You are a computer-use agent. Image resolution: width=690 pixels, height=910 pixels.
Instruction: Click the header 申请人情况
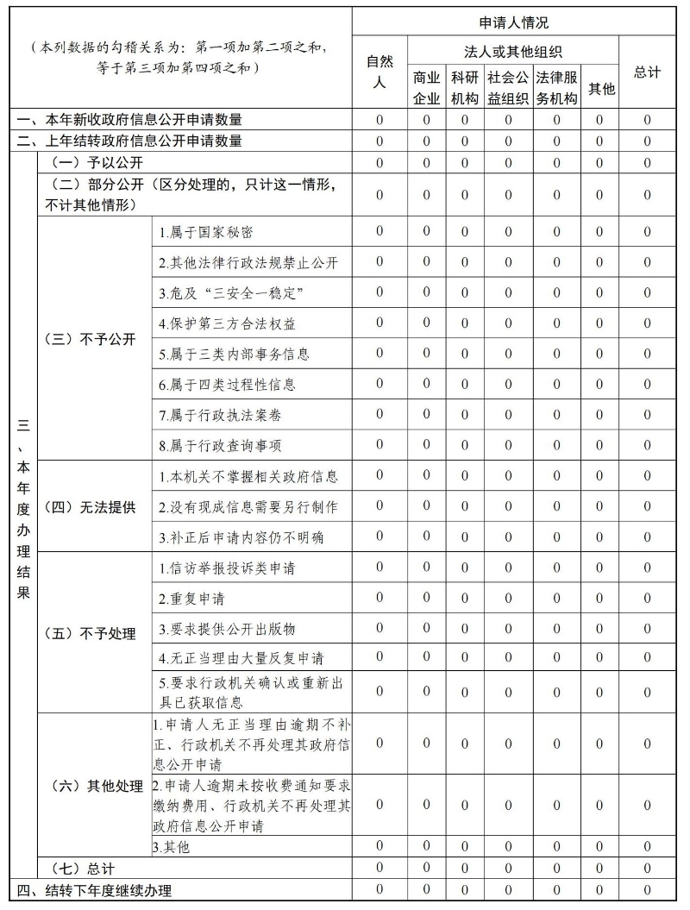[513, 22]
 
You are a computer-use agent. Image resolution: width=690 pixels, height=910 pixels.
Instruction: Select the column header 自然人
[379, 72]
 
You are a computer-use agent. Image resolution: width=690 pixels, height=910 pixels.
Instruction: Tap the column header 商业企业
[426, 87]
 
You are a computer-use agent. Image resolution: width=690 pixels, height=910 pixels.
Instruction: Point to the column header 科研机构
[464, 87]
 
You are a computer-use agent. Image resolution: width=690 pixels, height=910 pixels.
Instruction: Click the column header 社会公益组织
[508, 87]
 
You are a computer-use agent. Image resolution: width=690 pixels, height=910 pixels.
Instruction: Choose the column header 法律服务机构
[556, 87]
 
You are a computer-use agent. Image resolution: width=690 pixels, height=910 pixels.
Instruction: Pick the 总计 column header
[647, 72]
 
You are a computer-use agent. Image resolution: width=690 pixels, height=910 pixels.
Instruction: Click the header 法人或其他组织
[513, 53]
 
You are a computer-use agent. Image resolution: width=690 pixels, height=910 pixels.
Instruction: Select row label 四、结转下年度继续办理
[95, 890]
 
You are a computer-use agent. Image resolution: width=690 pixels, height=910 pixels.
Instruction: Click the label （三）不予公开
[90, 339]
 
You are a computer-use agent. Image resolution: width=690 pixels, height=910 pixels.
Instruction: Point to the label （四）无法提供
[90, 506]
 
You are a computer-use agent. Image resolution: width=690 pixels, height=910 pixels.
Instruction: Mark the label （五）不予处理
[90, 634]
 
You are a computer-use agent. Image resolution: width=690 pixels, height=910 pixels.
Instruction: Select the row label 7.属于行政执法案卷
[219, 415]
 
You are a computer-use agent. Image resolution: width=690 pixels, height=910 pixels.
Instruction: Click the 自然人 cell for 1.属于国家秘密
[379, 230]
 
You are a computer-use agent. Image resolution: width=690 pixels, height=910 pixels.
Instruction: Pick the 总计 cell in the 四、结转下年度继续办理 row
[647, 889]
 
